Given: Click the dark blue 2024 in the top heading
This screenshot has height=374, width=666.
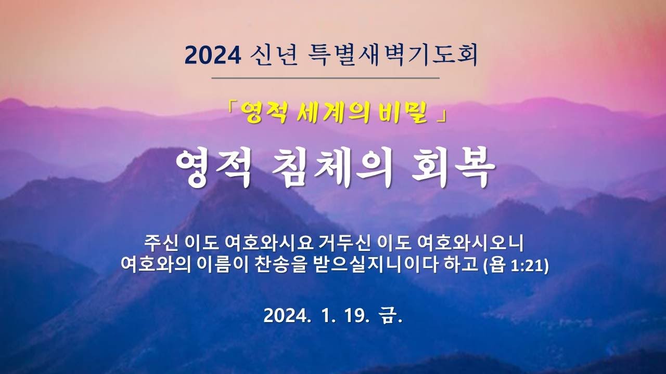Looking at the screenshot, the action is [x=213, y=56].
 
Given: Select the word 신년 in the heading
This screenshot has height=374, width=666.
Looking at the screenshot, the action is [x=274, y=55].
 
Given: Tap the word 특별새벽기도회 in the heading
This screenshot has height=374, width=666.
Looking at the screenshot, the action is [x=393, y=55].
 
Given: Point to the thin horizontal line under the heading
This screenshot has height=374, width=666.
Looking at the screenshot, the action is [x=326, y=78].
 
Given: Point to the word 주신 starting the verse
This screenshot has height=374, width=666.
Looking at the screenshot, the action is [x=161, y=244].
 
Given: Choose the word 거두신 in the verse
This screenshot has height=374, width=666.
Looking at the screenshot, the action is [x=345, y=244].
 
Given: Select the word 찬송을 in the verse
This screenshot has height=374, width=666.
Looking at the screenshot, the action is [x=280, y=265].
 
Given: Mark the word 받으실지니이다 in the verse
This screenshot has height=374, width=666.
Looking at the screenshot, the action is [x=375, y=265].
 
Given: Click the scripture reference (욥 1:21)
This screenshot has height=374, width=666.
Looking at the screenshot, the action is [x=516, y=265].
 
